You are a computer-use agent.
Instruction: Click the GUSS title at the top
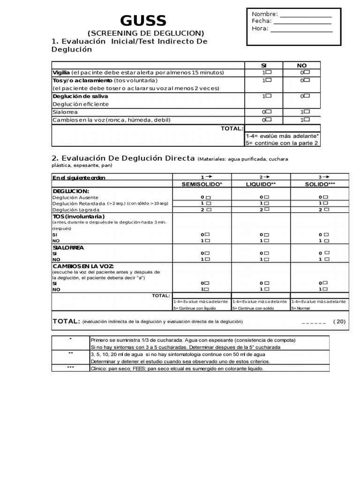pos(143,21)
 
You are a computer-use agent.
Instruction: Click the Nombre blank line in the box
pos(305,15)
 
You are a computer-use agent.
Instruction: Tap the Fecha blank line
pos(302,22)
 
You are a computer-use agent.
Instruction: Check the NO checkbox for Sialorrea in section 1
pos(307,112)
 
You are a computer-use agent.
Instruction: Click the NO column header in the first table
pos(302,65)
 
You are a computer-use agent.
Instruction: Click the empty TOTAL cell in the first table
pos(283,128)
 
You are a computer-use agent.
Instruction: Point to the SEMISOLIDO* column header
pos(202,184)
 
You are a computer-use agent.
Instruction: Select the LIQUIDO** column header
pos(261,184)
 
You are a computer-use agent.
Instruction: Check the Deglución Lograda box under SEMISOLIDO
pos(208,210)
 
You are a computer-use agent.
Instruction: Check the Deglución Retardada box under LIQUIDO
pos(267,203)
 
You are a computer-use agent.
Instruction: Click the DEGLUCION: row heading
pos(71,191)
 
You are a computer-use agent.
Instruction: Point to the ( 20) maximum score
pos(339,322)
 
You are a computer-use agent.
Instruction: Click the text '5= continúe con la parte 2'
pos(282,143)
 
